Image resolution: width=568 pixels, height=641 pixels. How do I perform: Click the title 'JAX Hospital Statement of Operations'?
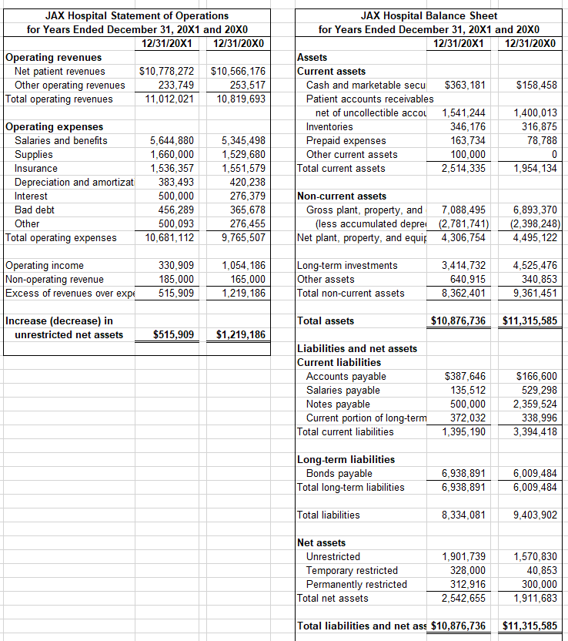click(137, 15)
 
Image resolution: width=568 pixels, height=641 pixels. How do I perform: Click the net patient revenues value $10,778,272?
click(166, 72)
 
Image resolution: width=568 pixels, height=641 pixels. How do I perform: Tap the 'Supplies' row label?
click(34, 154)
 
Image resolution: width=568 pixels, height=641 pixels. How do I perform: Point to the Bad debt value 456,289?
click(172, 210)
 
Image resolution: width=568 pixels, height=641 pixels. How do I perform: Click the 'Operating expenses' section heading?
click(54, 126)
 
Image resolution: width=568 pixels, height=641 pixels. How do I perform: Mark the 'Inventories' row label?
click(330, 126)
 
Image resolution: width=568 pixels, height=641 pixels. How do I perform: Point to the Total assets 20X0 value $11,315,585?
click(530, 321)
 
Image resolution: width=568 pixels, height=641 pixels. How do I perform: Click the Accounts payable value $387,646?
click(466, 377)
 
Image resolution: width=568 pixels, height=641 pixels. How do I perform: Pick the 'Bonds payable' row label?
click(339, 474)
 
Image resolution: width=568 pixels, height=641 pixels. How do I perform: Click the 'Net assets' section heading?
click(322, 543)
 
